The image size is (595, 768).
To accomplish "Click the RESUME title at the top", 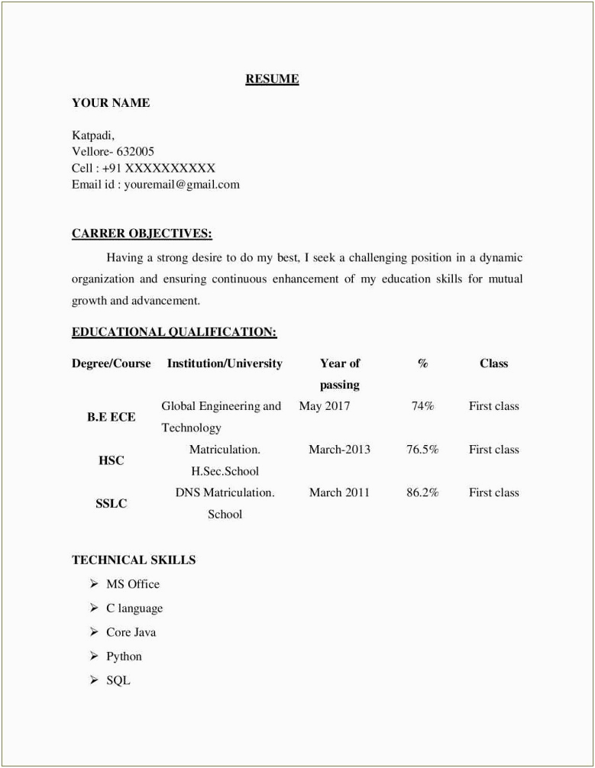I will click(272, 79).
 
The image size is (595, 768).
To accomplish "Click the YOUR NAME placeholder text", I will click(111, 103).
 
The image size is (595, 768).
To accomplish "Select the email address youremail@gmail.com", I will click(182, 184).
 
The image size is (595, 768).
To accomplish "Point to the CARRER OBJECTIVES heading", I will click(142, 234).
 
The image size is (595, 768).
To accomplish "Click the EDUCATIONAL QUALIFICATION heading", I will click(174, 332).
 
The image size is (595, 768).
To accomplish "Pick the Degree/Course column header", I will click(112, 363).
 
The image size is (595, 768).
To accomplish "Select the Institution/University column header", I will click(225, 363).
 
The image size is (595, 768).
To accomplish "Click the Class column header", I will click(493, 363).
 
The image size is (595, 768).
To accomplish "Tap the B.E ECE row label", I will click(112, 417).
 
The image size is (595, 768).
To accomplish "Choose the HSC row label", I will click(112, 460).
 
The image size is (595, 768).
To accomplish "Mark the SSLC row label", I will click(112, 504).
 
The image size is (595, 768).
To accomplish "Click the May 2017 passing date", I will click(324, 406).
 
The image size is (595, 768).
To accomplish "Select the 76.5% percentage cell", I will click(422, 450).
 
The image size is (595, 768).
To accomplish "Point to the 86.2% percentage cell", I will click(422, 492).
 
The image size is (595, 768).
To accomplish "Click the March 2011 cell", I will click(339, 492).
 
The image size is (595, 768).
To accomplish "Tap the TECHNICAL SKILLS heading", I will click(134, 560).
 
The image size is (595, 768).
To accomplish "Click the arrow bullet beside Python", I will click(93, 656).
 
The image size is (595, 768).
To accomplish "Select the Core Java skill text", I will click(131, 632).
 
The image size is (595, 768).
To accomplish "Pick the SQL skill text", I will click(118, 680).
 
